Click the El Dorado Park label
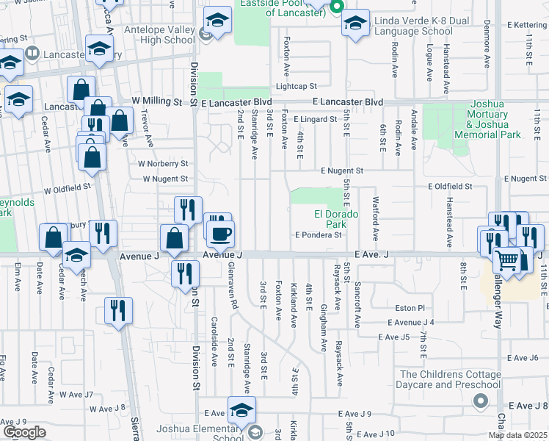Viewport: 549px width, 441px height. (x=336, y=218)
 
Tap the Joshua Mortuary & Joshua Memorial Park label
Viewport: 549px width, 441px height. (x=487, y=120)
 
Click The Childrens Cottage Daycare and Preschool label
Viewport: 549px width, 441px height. (x=451, y=380)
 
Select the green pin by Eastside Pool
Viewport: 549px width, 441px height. (x=337, y=9)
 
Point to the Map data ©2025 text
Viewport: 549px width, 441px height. (x=517, y=436)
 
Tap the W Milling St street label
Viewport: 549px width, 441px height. (x=157, y=101)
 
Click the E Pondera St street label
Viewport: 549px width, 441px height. (x=319, y=235)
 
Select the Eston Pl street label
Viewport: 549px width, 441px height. (x=411, y=308)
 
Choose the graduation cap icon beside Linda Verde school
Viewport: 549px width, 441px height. (x=355, y=23)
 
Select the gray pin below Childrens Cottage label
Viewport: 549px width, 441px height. (x=480, y=401)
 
